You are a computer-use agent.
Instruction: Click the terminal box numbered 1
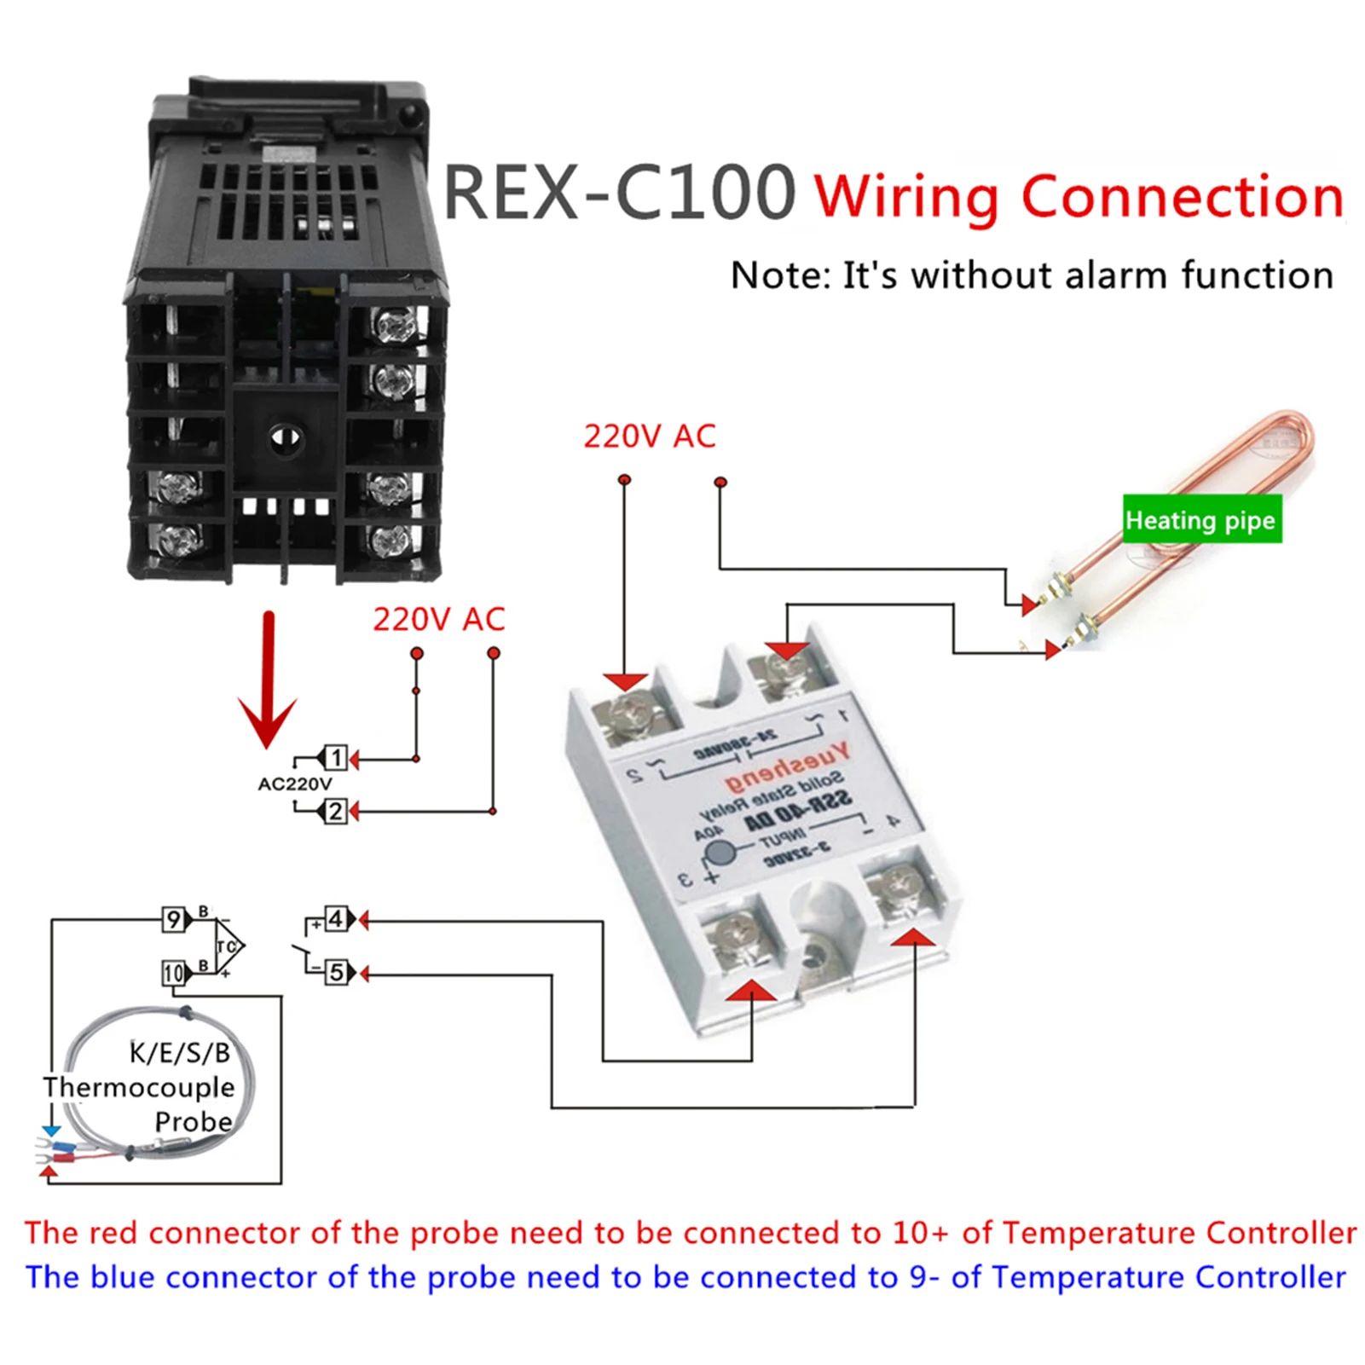coord(336,757)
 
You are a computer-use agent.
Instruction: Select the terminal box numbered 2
coord(336,811)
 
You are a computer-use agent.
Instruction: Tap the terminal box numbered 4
coord(336,919)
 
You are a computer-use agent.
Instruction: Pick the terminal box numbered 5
coord(336,972)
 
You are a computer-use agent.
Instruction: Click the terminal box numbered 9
coord(174,920)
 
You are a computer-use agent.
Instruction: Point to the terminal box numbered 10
coord(173,973)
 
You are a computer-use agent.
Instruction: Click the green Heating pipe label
coord(1200,519)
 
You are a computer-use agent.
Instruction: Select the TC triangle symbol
coord(228,946)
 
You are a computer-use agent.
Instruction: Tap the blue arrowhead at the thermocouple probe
coord(51,1131)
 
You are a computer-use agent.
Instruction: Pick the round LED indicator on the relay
coord(721,853)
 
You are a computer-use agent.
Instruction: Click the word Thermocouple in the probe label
coord(139,1087)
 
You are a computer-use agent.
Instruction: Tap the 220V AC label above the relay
coord(649,437)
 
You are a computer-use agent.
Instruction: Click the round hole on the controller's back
coord(285,439)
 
